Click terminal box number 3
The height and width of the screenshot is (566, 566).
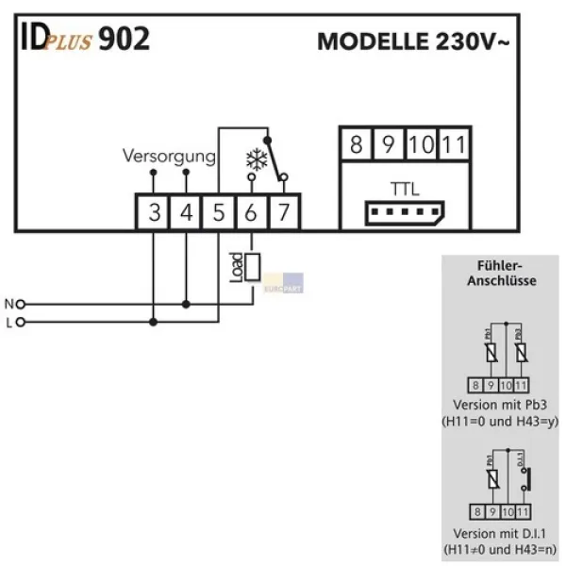(x=154, y=212)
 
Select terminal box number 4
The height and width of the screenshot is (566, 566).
(x=186, y=212)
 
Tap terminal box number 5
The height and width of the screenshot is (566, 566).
(x=219, y=212)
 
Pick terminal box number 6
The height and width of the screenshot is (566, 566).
(x=251, y=212)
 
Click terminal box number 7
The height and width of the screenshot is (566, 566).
(x=283, y=212)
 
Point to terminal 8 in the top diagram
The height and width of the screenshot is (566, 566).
(x=356, y=145)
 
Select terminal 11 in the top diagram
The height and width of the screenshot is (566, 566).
(x=454, y=145)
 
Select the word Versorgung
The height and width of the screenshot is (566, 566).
(x=169, y=155)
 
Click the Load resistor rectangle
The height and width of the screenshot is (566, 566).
(x=252, y=266)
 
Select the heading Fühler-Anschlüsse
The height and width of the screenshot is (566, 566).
(x=502, y=274)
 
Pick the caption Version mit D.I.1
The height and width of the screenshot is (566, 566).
(x=502, y=534)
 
